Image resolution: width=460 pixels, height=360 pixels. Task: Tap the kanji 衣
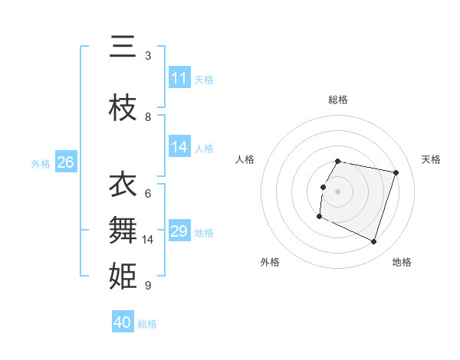tap(123, 185)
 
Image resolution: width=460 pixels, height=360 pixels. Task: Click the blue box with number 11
tap(179, 78)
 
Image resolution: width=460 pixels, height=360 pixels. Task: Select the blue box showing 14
tap(179, 147)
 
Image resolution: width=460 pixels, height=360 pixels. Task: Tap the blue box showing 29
tap(179, 231)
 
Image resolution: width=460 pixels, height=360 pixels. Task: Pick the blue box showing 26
tap(65, 162)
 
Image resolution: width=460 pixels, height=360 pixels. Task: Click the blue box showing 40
tap(123, 322)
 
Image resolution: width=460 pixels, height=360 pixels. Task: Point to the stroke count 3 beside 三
tap(148, 56)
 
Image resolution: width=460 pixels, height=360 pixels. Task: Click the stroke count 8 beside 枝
tap(148, 117)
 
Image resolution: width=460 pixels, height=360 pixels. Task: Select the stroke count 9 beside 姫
tap(148, 286)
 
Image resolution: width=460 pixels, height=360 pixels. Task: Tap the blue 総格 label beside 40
tap(147, 324)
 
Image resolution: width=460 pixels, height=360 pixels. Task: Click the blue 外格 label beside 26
tap(41, 163)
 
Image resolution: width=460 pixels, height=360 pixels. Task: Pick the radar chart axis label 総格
tap(338, 100)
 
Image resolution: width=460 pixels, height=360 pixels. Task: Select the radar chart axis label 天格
tap(431, 159)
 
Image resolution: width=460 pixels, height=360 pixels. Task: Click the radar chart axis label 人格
tap(245, 159)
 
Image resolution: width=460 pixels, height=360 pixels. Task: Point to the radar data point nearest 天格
tap(396, 172)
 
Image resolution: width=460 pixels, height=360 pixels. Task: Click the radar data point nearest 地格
tap(373, 242)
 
